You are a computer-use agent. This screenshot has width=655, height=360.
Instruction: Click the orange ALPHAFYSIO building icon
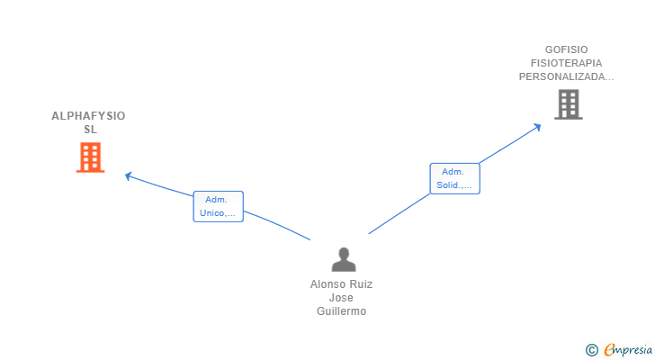tap(90, 157)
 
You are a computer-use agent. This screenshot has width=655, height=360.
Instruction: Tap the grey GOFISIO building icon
tap(568, 104)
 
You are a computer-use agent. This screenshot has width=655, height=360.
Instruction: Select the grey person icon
tap(343, 259)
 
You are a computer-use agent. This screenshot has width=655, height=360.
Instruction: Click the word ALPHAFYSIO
tap(88, 116)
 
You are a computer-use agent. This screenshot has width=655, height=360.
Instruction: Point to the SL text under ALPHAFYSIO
tap(89, 130)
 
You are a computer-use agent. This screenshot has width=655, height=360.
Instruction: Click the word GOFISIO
tap(566, 49)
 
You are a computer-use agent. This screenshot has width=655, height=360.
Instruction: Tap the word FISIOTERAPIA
tap(566, 63)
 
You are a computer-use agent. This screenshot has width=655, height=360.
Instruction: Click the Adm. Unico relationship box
tap(218, 206)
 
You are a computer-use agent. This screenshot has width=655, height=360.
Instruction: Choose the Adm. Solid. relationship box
tap(454, 178)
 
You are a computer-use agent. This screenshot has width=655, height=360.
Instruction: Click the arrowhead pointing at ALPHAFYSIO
tap(129, 175)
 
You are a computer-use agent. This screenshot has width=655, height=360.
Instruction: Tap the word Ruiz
tap(360, 283)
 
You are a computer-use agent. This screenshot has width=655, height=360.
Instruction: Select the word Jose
tap(341, 298)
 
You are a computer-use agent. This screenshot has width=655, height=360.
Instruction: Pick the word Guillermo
tap(341, 311)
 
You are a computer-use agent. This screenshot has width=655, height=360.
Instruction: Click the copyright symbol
tap(591, 350)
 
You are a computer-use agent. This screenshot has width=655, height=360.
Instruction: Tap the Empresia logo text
tap(627, 349)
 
